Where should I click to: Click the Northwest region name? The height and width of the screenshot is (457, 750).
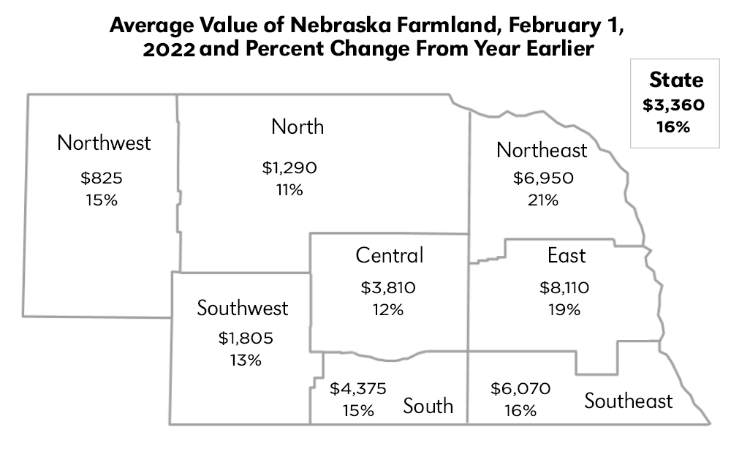pyautogui.click(x=104, y=142)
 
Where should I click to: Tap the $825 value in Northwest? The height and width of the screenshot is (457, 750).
pyautogui.click(x=101, y=178)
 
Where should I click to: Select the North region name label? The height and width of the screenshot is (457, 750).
pyautogui.click(x=298, y=126)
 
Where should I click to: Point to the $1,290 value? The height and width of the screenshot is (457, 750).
pyautogui.click(x=289, y=168)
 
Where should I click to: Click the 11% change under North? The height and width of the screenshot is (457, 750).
pyautogui.click(x=289, y=190)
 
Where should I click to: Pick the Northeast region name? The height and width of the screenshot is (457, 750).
pyautogui.click(x=542, y=150)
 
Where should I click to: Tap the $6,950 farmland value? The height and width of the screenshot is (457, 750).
pyautogui.click(x=542, y=178)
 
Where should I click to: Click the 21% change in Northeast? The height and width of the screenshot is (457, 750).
pyautogui.click(x=542, y=200)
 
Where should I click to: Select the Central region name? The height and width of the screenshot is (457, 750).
pyautogui.click(x=390, y=255)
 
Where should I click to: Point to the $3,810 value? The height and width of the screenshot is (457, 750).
pyautogui.click(x=388, y=287)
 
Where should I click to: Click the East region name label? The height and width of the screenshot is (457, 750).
pyautogui.click(x=567, y=255)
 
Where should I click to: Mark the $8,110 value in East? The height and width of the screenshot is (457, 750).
pyautogui.click(x=564, y=287)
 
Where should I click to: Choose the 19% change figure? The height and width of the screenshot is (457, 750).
pyautogui.click(x=564, y=309)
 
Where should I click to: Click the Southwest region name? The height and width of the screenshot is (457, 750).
pyautogui.click(x=243, y=308)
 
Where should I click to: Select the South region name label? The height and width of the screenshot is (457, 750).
pyautogui.click(x=428, y=406)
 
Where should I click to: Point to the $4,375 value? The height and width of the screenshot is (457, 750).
pyautogui.click(x=358, y=388)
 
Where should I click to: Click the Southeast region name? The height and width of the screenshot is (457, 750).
pyautogui.click(x=629, y=401)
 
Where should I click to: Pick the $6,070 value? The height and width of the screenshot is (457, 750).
pyautogui.click(x=520, y=388)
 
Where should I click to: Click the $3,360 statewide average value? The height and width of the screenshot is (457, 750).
pyautogui.click(x=673, y=105)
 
